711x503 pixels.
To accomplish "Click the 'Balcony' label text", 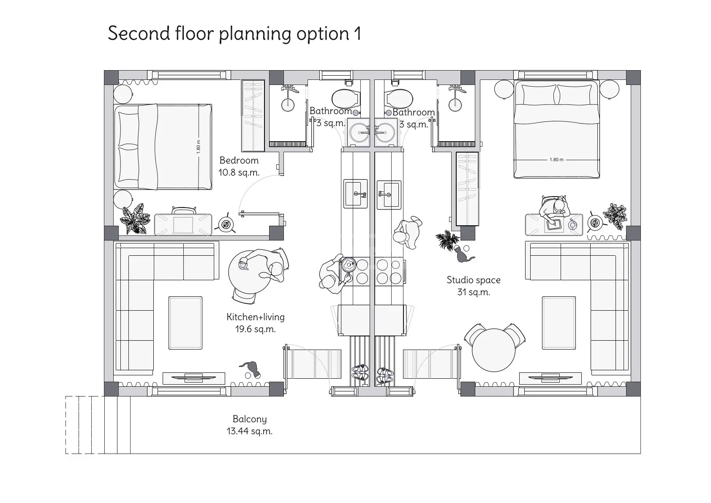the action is tap(250, 419).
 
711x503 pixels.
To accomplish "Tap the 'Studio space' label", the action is tap(474, 280).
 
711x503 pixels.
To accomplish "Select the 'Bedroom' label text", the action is tap(239, 160).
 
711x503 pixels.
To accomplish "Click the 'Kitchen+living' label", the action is tap(256, 317).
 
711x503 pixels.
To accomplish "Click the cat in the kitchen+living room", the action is tap(250, 369).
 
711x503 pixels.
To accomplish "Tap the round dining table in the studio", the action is tap(493, 350).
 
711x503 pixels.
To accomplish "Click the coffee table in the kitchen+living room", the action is tap(185, 323).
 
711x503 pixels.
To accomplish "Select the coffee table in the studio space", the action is tap(558, 323).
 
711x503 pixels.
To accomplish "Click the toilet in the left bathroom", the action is tap(346, 98).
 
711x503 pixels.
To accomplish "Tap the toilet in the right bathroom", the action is tap(398, 98).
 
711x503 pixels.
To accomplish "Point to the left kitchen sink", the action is tap(356, 194).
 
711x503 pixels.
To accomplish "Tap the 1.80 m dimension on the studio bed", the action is tap(556, 160).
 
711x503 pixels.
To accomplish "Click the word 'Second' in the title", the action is tap(139, 33).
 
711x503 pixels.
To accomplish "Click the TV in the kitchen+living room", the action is tap(193, 378).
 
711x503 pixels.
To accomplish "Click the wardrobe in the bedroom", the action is tap(253, 115).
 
